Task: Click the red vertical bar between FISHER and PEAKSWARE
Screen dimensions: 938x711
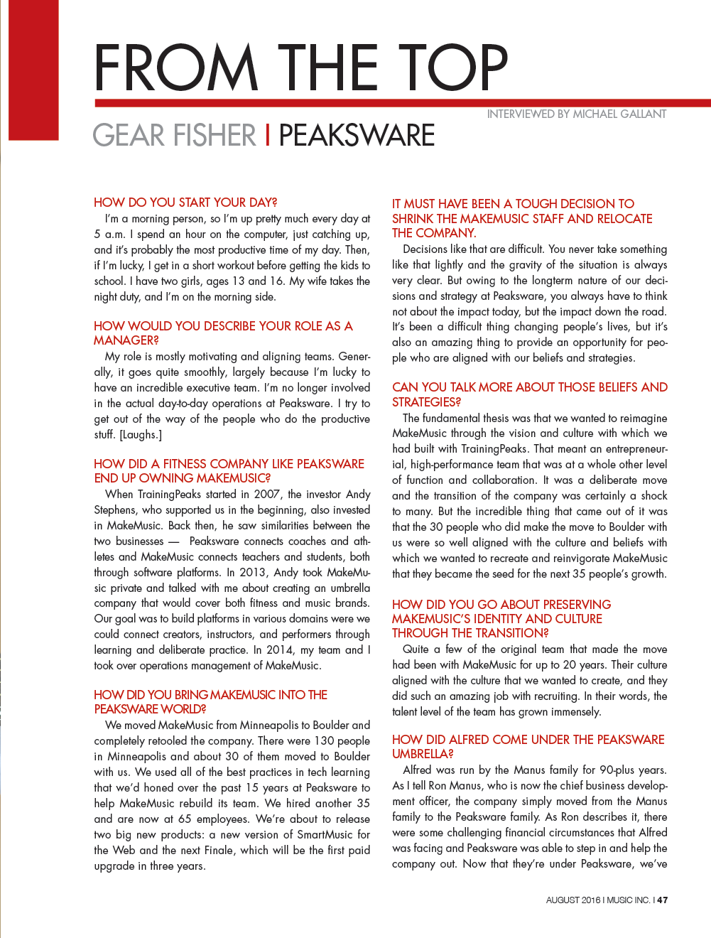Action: [267, 135]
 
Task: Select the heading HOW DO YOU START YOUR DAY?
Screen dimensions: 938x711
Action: [185, 203]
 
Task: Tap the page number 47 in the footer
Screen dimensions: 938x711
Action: [662, 900]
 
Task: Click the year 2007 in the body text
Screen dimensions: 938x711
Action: [266, 494]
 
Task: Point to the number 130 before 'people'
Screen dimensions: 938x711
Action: [324, 740]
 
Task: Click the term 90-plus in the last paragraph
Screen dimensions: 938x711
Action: [617, 770]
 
